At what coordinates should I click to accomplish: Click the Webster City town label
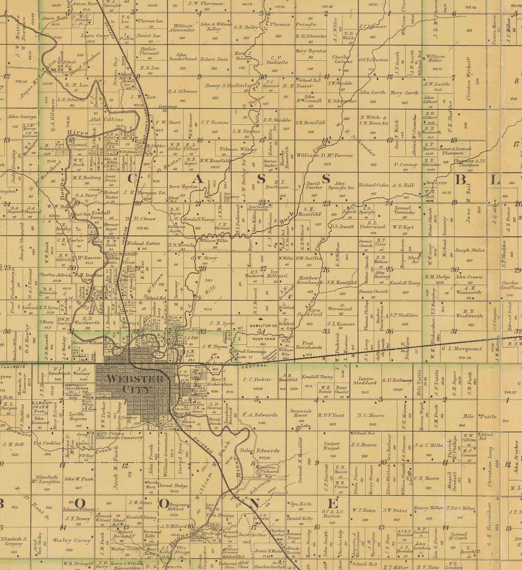(x=135, y=383)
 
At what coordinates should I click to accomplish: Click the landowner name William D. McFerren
(x=324, y=155)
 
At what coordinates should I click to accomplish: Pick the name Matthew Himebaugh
(x=308, y=280)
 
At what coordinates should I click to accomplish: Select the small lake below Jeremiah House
(x=298, y=428)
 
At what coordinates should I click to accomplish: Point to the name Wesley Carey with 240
(x=78, y=540)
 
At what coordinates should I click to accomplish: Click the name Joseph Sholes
(x=469, y=250)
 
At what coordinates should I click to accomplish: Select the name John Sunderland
(x=182, y=57)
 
